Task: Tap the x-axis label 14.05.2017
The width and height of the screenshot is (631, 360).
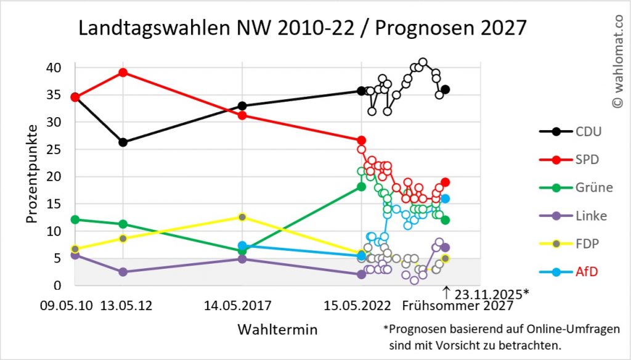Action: click(x=242, y=306)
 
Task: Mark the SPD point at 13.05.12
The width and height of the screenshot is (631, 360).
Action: click(x=123, y=73)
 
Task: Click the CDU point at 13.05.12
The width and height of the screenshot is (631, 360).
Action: click(x=123, y=142)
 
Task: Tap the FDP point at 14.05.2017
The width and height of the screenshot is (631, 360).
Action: click(x=242, y=217)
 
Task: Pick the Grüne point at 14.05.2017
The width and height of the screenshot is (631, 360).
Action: click(x=242, y=251)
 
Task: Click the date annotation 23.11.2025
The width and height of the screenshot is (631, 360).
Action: click(x=491, y=294)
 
